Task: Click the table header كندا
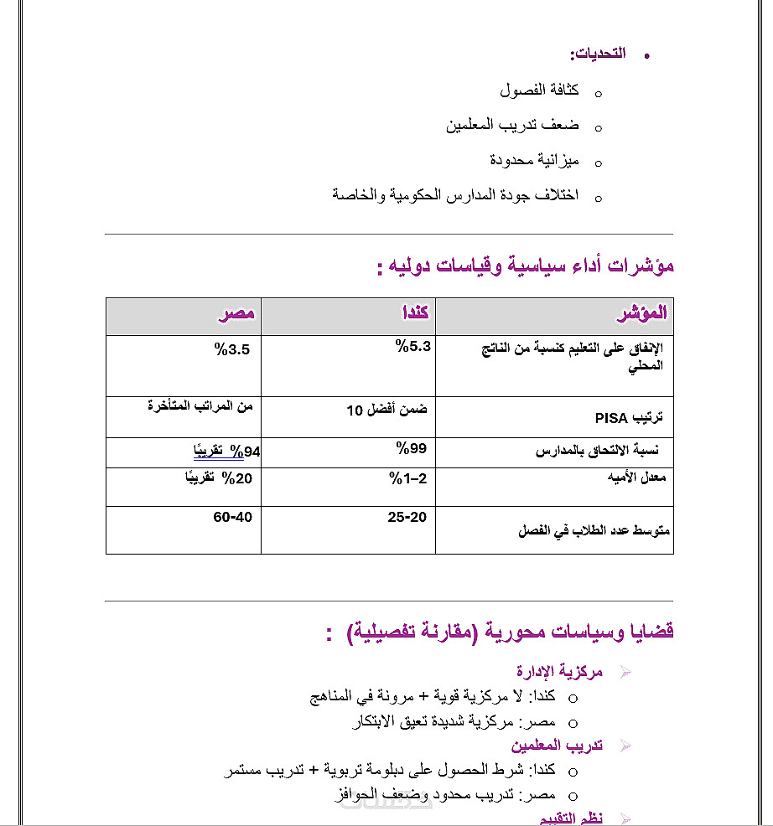pyautogui.click(x=416, y=313)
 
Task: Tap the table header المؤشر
pyautogui.click(x=642, y=313)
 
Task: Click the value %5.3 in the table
pyautogui.click(x=413, y=345)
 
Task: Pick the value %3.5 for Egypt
pyautogui.click(x=232, y=349)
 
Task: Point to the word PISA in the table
pyautogui.click(x=611, y=418)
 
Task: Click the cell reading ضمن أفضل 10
pyautogui.click(x=386, y=410)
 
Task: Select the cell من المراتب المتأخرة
pyautogui.click(x=200, y=406)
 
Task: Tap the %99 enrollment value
pyautogui.click(x=411, y=448)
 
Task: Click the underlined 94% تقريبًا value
pyautogui.click(x=226, y=452)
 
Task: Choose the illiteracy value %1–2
pyautogui.click(x=408, y=478)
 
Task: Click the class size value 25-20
pyautogui.click(x=407, y=517)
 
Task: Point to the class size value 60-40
pyautogui.click(x=232, y=517)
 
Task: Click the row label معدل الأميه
pyautogui.click(x=636, y=478)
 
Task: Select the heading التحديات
pyautogui.click(x=598, y=54)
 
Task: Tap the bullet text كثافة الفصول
pyautogui.click(x=534, y=90)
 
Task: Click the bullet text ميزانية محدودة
pyautogui.click(x=534, y=160)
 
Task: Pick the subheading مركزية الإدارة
pyautogui.click(x=559, y=671)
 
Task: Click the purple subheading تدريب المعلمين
pyautogui.click(x=557, y=745)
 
